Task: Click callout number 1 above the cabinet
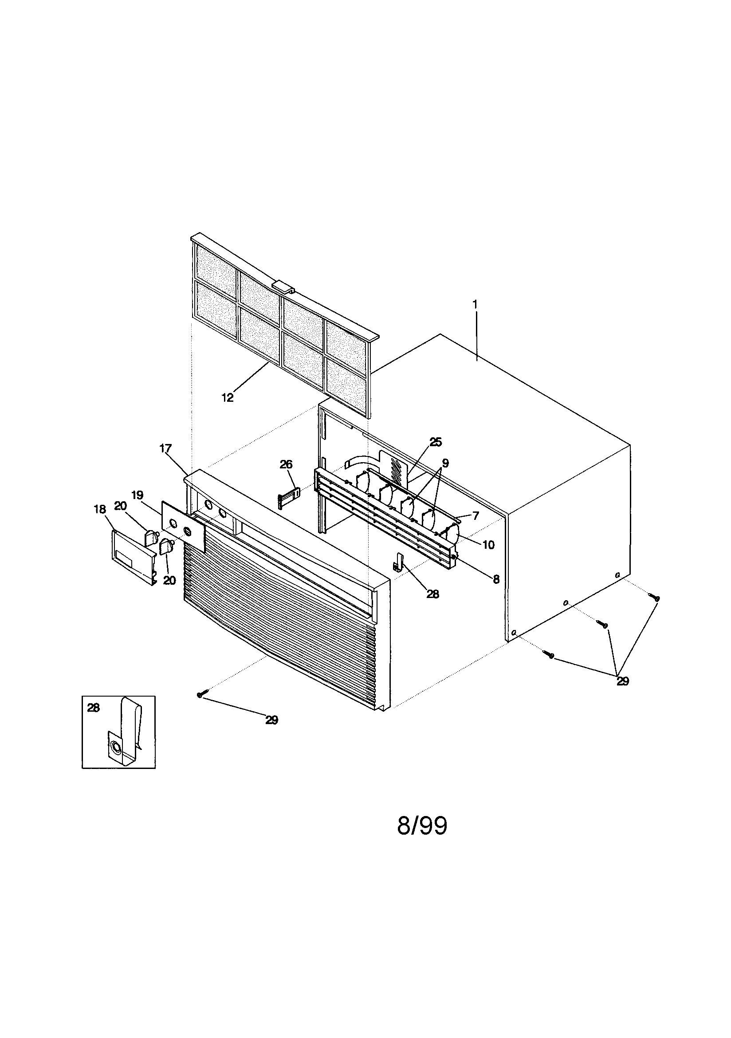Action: point(475,304)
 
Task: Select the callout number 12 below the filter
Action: point(227,397)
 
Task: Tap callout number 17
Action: point(165,448)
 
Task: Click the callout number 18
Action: point(100,510)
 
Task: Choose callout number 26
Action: point(286,464)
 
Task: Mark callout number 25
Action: point(436,442)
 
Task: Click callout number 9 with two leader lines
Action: point(445,463)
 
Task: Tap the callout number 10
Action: point(488,545)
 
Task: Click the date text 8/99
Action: point(422,826)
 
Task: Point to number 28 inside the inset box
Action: point(93,708)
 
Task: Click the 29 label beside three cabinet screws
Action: point(623,681)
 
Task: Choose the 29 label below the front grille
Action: point(271,720)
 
